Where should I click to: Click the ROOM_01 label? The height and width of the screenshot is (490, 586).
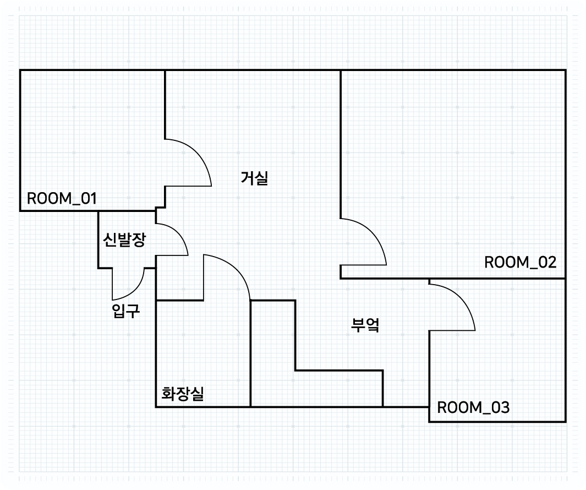[x=62, y=198]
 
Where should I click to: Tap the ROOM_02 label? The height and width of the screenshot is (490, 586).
[x=520, y=262]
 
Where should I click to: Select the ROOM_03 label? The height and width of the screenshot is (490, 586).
[x=473, y=408]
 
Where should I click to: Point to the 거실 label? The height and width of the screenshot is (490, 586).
[x=254, y=178]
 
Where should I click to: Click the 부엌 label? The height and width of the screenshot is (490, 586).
[x=366, y=324]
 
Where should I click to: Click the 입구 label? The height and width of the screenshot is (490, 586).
[x=125, y=312]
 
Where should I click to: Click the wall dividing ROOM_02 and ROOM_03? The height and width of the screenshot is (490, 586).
[x=495, y=279]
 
